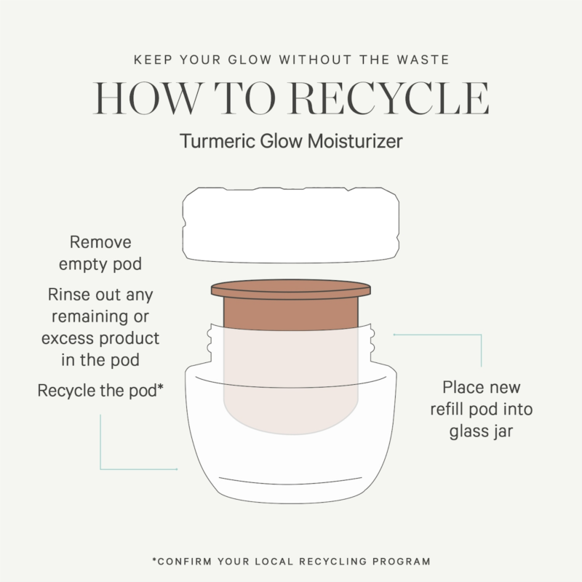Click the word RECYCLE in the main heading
coord(389,98)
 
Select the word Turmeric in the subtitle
coord(218,141)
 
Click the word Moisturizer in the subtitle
coord(355,141)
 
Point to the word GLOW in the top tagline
coord(250,60)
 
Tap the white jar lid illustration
coord(291,225)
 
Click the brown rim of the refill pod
coord(291,289)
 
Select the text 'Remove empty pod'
coord(100,253)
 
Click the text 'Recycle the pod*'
coord(100,391)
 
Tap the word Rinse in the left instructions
coord(68,295)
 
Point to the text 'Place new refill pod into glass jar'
coord(482,410)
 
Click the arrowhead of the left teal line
coord(177,469)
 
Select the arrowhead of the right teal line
coord(394,335)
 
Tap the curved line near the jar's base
coord(290,482)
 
